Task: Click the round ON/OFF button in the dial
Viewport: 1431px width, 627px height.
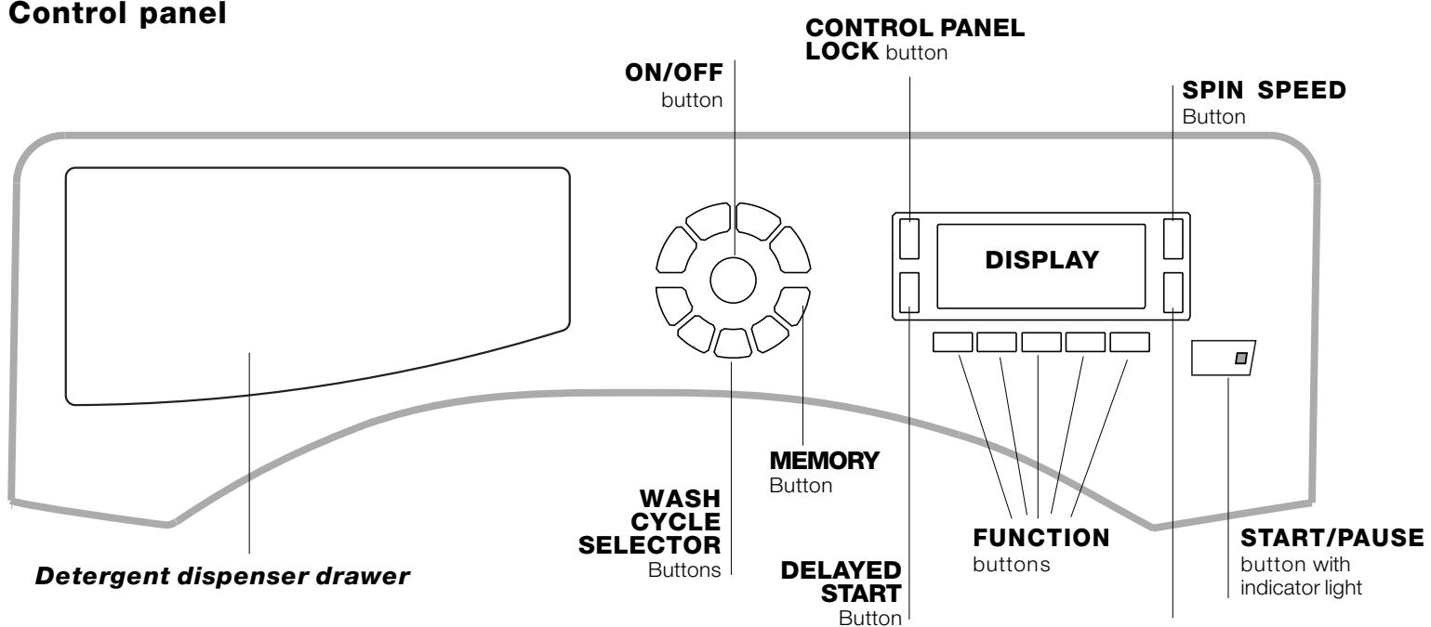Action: [x=733, y=281]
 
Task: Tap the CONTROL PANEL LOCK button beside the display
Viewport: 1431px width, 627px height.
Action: [x=910, y=238]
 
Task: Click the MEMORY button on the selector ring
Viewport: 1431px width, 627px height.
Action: [x=793, y=306]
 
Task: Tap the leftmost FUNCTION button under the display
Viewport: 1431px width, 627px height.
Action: [x=950, y=342]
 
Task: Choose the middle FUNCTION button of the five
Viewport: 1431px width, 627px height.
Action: [x=1040, y=342]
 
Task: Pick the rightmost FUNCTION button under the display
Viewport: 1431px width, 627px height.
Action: [x=1130, y=342]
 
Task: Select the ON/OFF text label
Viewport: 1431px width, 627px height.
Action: [x=687, y=80]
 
